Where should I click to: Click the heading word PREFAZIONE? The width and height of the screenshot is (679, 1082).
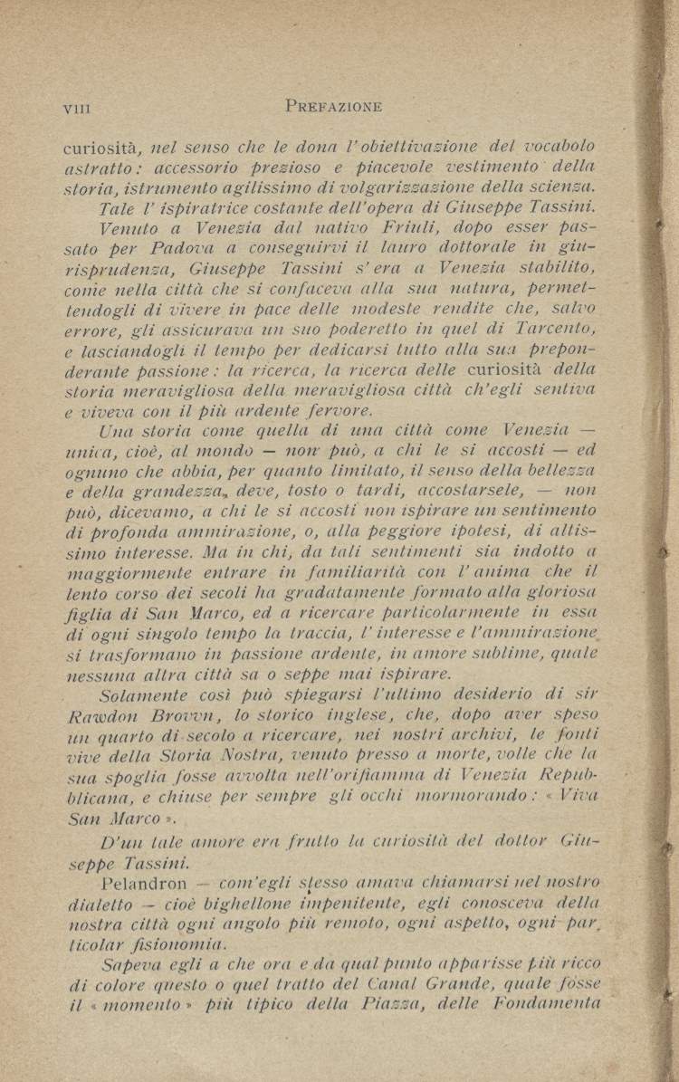pos(333,107)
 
